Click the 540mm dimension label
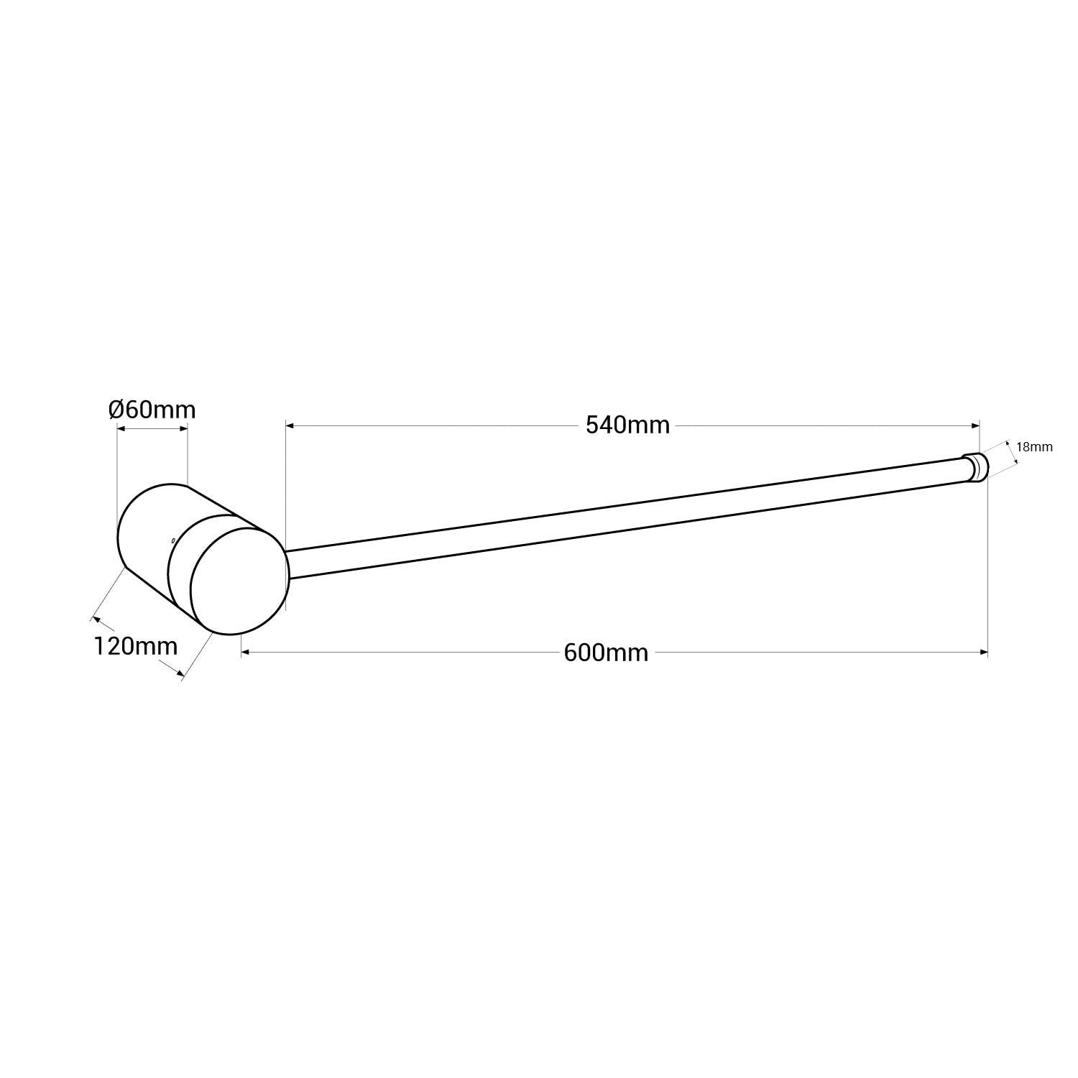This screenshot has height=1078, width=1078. point(627,425)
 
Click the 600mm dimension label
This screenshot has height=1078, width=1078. point(606,653)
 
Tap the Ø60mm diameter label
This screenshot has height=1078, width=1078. point(152,410)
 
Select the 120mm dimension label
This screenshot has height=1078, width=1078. point(135,646)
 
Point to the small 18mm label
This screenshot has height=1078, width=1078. point(1035,447)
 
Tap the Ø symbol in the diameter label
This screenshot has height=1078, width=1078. point(116,410)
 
